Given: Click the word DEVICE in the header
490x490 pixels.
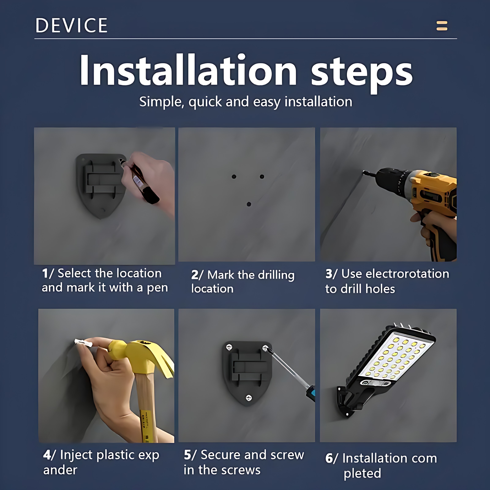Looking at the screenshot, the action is tap(72, 25).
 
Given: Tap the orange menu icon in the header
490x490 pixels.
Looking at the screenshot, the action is tap(442, 26).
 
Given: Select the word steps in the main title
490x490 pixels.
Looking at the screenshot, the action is tap(362, 73).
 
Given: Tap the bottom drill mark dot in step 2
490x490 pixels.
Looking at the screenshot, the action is tap(249, 204).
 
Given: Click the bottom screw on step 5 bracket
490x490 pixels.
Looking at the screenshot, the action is tap(249, 398).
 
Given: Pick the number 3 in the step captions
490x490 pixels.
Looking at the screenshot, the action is tap(329, 274).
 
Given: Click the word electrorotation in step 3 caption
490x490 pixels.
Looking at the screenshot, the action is tap(395, 274).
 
